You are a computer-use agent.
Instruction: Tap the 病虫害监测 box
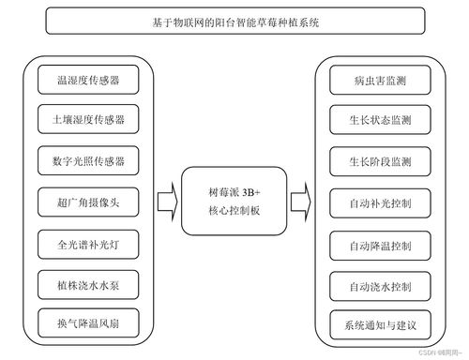click(x=372, y=80)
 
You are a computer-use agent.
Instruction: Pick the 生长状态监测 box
click(x=372, y=120)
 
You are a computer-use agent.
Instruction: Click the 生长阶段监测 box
click(x=372, y=160)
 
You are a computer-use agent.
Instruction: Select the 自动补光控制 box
click(x=372, y=202)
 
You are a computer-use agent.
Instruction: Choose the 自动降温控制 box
click(x=372, y=242)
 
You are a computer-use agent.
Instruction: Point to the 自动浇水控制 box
click(x=372, y=282)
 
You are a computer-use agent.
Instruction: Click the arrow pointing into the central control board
click(x=165, y=202)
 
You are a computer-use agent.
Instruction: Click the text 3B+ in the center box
click(x=250, y=192)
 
